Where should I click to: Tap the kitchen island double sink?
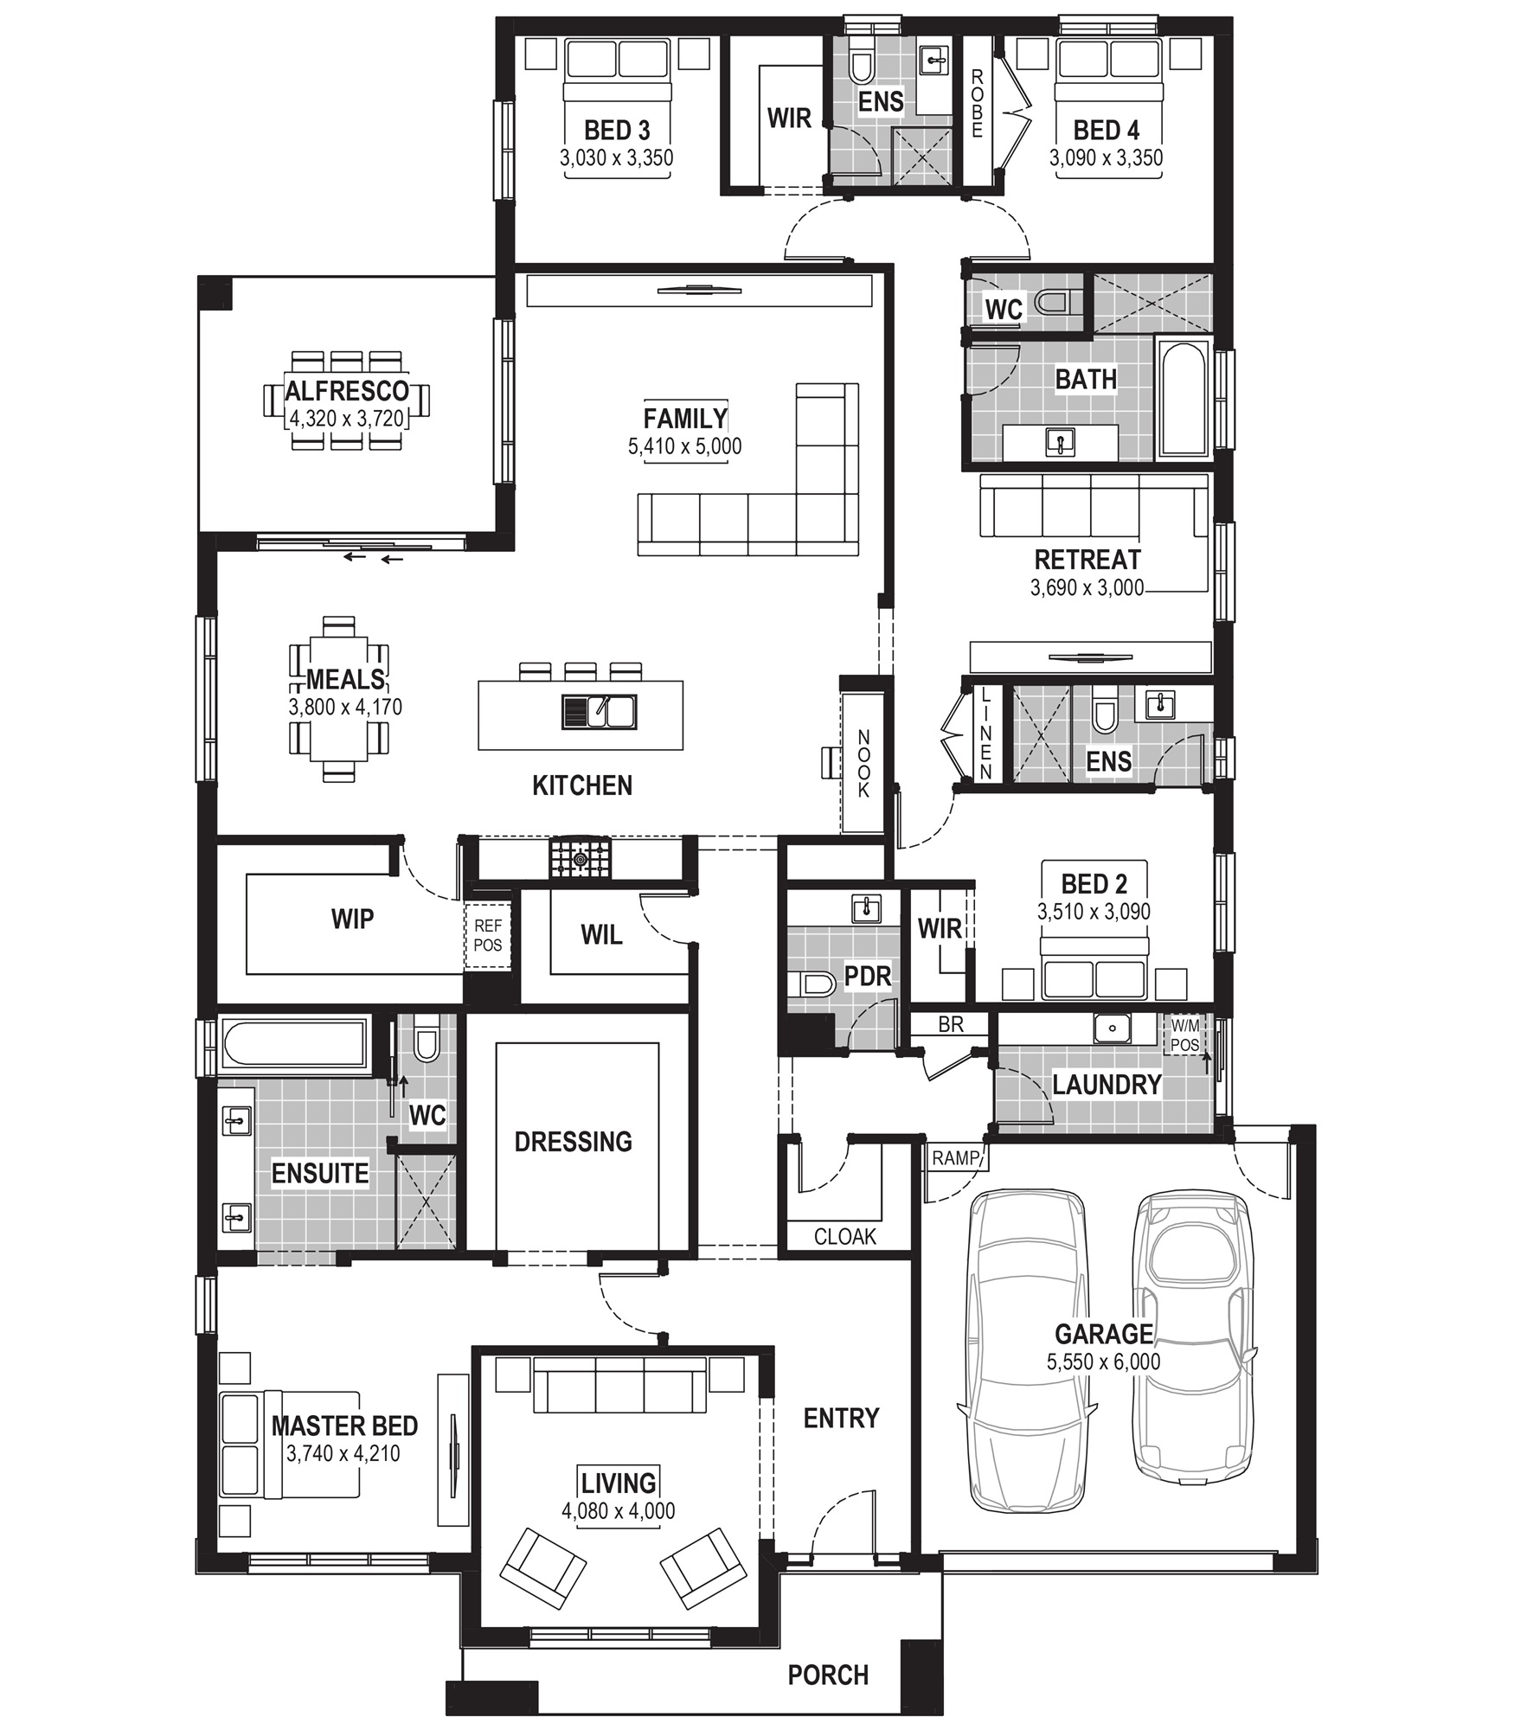[599, 711]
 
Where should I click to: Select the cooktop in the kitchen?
[579, 858]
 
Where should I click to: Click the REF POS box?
[488, 936]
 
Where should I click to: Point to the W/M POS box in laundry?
[1184, 1035]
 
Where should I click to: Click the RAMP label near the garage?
[955, 1157]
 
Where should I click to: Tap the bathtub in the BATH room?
[1184, 398]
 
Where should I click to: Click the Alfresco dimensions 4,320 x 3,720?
[346, 419]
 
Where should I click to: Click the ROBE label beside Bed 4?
[977, 104]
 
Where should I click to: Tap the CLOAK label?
[844, 1237]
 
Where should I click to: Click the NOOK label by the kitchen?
[863, 764]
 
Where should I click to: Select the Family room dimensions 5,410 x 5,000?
[684, 446]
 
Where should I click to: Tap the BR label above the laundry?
[951, 1024]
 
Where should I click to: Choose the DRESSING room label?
[573, 1142]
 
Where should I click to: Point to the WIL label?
[601, 934]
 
